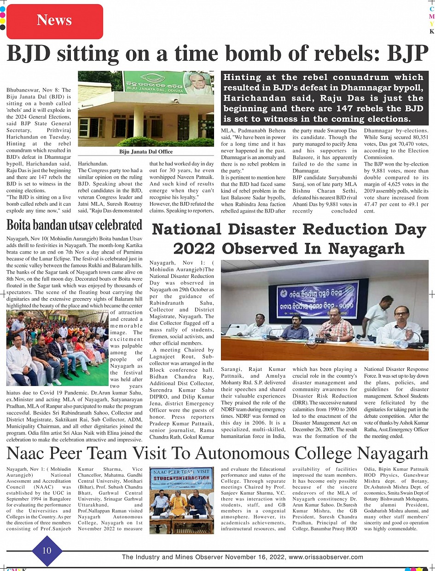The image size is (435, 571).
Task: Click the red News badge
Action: [x=55, y=21]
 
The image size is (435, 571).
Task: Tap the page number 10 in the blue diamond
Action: [x=47, y=550]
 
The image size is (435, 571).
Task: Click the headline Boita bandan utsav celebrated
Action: [x=74, y=225]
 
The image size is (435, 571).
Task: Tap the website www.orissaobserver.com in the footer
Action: [x=326, y=557]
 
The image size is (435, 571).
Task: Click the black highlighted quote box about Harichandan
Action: [x=324, y=98]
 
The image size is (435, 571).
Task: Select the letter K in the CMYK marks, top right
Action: [x=431, y=31]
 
